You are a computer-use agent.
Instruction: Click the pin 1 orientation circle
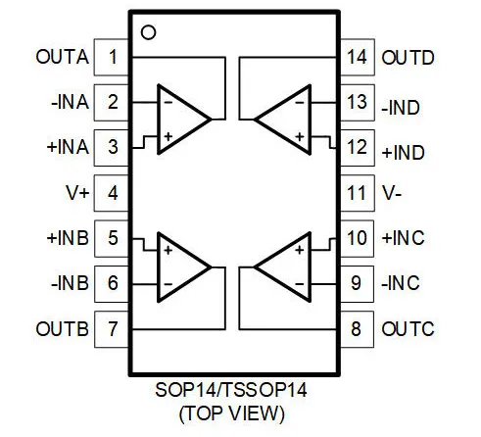[x=148, y=32]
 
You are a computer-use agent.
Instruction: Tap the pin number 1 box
[x=112, y=57]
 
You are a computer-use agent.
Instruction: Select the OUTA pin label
[x=62, y=57]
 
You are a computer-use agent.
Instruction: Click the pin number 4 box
[x=112, y=193]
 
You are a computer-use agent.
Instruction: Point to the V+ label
[x=77, y=193]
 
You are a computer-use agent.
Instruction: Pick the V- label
[x=392, y=193]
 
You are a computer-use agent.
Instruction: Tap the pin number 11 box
[x=357, y=193]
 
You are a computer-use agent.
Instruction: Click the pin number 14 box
[x=357, y=57]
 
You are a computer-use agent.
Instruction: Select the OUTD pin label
[x=408, y=58]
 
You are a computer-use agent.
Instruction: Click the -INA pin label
[x=70, y=102]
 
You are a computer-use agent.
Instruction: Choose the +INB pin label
[x=68, y=238]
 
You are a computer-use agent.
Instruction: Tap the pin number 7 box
[x=112, y=329]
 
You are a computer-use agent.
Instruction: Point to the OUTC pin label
[x=408, y=329]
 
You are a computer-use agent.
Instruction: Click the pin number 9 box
[x=357, y=283]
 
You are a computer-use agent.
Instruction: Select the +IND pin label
[x=404, y=153]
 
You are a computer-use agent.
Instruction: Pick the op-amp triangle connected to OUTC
[x=283, y=267]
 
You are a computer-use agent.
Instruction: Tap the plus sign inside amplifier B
[x=168, y=251]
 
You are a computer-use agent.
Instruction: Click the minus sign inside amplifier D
[x=299, y=103]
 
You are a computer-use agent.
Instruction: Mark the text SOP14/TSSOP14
[x=231, y=390]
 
